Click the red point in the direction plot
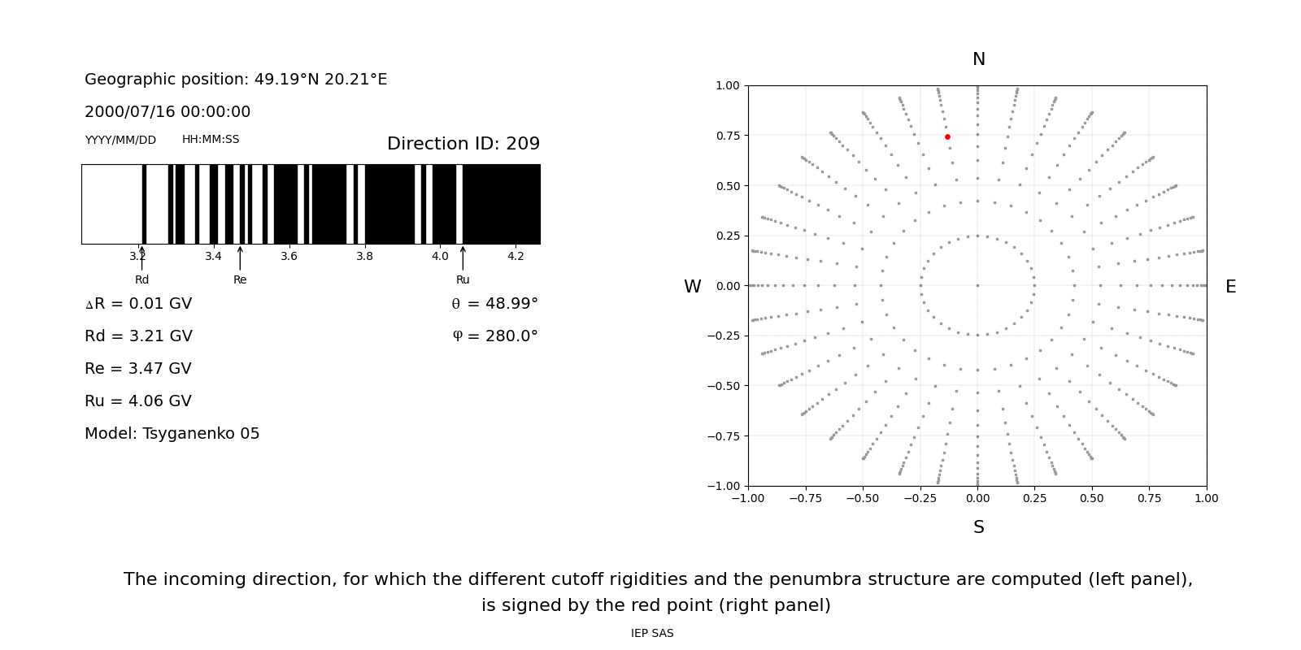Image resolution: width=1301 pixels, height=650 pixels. (947, 137)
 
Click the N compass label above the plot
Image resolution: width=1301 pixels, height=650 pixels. (979, 59)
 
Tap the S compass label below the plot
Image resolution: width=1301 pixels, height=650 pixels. (979, 527)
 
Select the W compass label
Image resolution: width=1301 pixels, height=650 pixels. (692, 287)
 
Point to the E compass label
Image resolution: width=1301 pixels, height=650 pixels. (1230, 287)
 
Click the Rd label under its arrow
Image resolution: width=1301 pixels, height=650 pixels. (142, 279)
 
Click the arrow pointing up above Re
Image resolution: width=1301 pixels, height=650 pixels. (240, 258)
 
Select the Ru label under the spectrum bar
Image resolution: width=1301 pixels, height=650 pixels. (463, 279)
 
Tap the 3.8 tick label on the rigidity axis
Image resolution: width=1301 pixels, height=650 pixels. (364, 257)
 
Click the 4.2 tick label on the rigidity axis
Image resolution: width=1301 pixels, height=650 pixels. (516, 257)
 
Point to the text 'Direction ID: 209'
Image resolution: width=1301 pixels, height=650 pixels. (463, 144)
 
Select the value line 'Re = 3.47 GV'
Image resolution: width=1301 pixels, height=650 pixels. (138, 369)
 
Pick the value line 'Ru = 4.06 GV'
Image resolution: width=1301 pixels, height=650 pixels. (138, 401)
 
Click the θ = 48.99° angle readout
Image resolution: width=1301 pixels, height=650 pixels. (494, 304)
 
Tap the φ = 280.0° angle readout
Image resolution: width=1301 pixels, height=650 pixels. (494, 336)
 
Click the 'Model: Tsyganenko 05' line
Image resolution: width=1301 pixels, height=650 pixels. (172, 434)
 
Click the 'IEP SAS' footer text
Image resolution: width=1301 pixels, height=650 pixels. (652, 634)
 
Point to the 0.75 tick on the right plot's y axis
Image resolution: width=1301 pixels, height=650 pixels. (728, 136)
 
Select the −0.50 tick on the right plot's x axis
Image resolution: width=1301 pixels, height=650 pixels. (863, 498)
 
